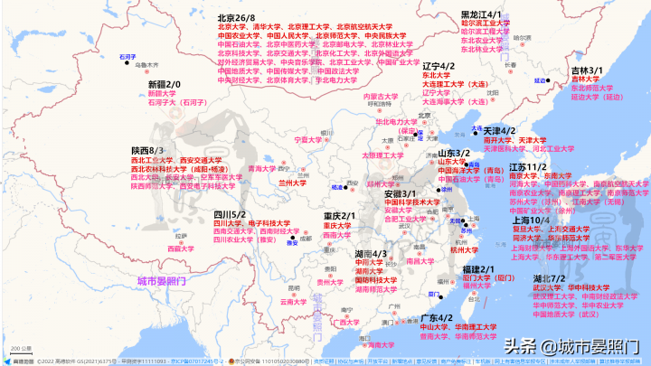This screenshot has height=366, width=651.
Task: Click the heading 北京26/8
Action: click(x=236, y=16)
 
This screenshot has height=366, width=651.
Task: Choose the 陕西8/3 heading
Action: click(x=146, y=150)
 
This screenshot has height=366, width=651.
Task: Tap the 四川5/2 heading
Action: click(x=230, y=214)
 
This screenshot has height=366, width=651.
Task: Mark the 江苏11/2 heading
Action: click(x=528, y=167)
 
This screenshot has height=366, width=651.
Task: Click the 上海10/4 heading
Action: click(x=532, y=220)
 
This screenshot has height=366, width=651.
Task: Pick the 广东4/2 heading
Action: click(x=438, y=318)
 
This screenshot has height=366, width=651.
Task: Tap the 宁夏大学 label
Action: click(x=307, y=140)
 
